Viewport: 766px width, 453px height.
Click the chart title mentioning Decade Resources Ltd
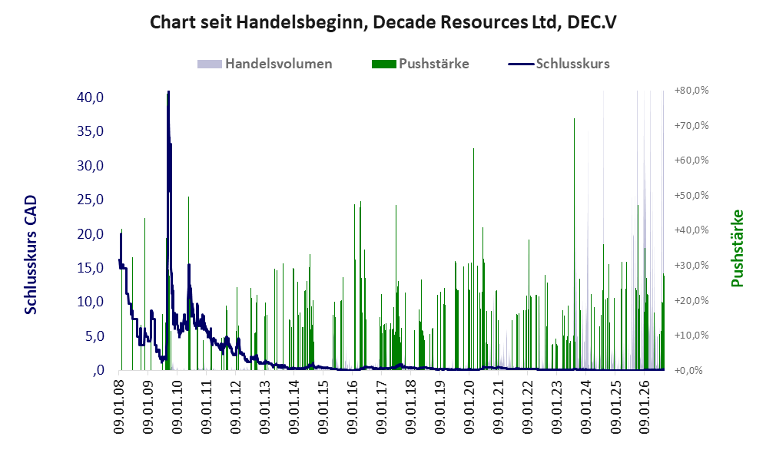383,22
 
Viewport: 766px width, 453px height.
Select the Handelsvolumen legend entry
265,64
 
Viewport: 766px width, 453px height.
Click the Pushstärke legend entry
420,64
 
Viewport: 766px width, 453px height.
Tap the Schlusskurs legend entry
559,64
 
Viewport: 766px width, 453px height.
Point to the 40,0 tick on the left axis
91,98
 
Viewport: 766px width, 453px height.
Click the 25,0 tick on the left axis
91,200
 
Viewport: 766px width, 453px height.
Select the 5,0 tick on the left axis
94,336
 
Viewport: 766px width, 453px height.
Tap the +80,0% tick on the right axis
691,91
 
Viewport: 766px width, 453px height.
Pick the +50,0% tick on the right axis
691,195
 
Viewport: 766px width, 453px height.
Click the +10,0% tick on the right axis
691,336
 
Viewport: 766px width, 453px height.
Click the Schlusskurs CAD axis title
31,254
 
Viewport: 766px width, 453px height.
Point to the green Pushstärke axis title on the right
737,248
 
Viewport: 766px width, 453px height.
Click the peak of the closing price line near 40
168,91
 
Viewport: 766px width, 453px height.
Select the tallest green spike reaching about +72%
574,118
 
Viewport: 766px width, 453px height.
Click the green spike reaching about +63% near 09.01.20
473,149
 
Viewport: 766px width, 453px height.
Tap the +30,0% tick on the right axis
691,266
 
